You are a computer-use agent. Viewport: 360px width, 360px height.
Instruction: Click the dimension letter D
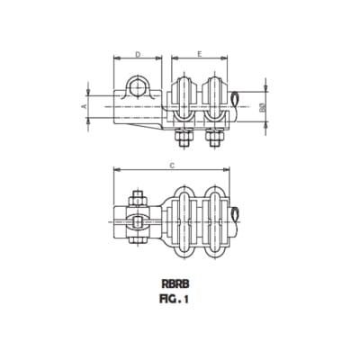pyautogui.click(x=138, y=54)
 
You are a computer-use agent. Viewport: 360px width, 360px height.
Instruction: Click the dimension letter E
pyautogui.click(x=199, y=54)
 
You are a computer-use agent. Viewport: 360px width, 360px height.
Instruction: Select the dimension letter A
pyautogui.click(x=83, y=106)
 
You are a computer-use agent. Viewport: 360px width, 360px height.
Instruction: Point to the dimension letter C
pyautogui.click(x=171, y=165)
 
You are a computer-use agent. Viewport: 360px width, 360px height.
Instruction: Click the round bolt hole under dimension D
pyautogui.click(x=138, y=87)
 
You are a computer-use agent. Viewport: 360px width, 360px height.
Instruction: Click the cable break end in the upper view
pyautogui.click(x=236, y=98)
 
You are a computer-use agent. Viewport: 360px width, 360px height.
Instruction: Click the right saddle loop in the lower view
pyautogui.click(x=216, y=217)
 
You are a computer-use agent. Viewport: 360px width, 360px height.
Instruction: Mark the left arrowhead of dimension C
pyautogui.click(x=113, y=171)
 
